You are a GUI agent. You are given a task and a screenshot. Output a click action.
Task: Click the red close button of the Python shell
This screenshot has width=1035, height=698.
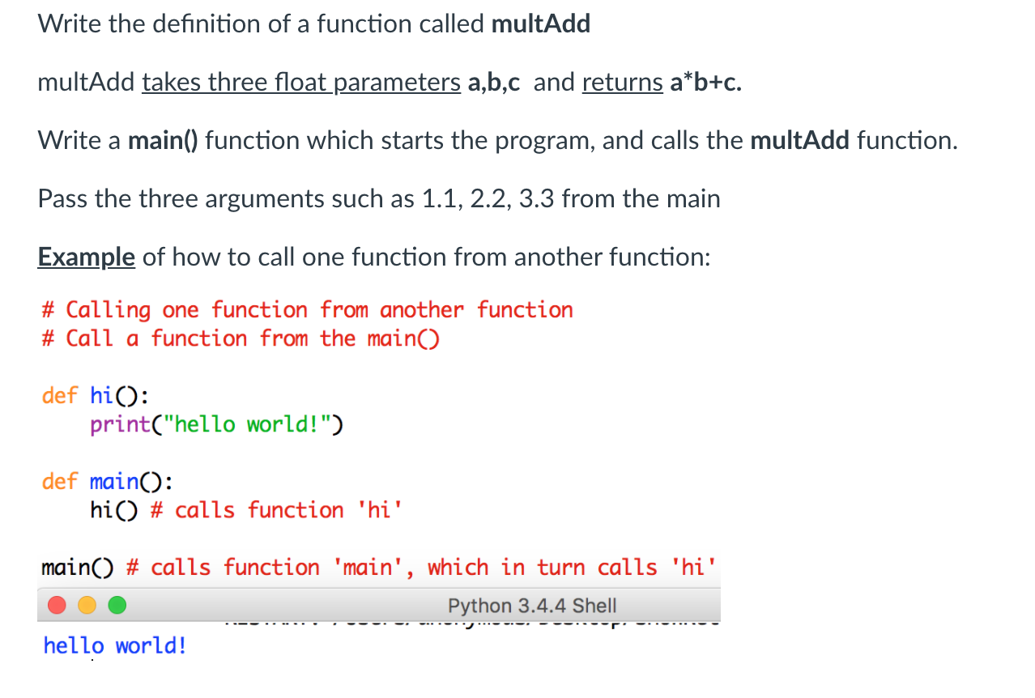pyautogui.click(x=57, y=606)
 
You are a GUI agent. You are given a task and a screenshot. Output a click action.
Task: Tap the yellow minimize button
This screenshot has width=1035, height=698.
pyautogui.click(x=87, y=606)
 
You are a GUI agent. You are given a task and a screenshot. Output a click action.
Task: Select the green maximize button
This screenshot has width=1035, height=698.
pyautogui.click(x=117, y=606)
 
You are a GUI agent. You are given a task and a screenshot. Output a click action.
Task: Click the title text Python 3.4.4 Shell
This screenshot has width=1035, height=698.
pyautogui.click(x=532, y=606)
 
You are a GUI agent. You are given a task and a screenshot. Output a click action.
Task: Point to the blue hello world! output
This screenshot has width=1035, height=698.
pyautogui.click(x=115, y=646)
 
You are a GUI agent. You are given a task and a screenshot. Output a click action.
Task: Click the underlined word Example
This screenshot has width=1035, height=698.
pyautogui.click(x=86, y=257)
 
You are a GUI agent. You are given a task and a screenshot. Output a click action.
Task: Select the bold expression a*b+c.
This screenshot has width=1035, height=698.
pyautogui.click(x=705, y=83)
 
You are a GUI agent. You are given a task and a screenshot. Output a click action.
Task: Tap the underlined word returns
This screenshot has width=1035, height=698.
pyautogui.click(x=622, y=83)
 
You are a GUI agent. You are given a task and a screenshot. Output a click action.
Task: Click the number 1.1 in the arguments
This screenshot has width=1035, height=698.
pyautogui.click(x=440, y=199)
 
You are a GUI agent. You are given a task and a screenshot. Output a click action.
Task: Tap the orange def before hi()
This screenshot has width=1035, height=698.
pyautogui.click(x=59, y=395)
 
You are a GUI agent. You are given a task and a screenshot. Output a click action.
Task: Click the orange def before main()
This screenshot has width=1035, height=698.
pyautogui.click(x=59, y=482)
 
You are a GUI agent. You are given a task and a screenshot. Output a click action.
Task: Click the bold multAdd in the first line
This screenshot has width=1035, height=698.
pyautogui.click(x=541, y=24)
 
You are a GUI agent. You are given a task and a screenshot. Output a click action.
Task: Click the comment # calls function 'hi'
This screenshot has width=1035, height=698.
pyautogui.click(x=276, y=510)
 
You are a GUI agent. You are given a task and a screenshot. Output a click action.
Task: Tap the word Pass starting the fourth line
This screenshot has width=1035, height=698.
pyautogui.click(x=62, y=199)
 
